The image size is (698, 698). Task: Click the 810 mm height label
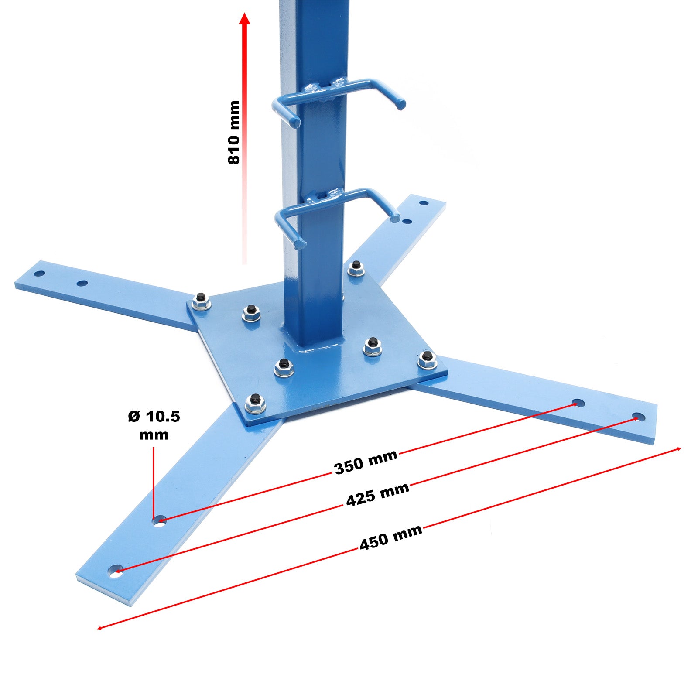click(x=234, y=133)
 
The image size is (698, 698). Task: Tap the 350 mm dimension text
click(x=366, y=462)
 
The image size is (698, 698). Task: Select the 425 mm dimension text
click(x=377, y=494)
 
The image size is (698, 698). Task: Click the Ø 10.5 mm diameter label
click(x=154, y=425)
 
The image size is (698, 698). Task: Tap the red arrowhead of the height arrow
click(x=245, y=19)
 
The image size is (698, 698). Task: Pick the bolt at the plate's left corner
click(x=201, y=301)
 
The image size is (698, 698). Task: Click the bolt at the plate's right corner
click(x=427, y=359)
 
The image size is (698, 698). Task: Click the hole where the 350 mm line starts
click(x=159, y=520)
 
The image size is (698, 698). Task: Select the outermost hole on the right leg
click(x=638, y=417)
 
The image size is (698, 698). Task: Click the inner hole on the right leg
click(x=578, y=403)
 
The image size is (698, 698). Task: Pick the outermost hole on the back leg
click(x=423, y=203)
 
